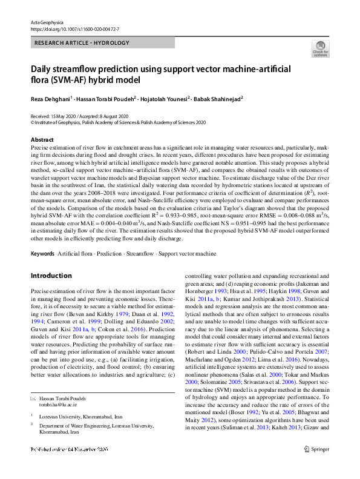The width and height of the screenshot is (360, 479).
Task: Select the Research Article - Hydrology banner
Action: [83, 43]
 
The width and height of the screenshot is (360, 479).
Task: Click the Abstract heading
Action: [41, 139]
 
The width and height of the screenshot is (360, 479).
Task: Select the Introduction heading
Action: [51, 276]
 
